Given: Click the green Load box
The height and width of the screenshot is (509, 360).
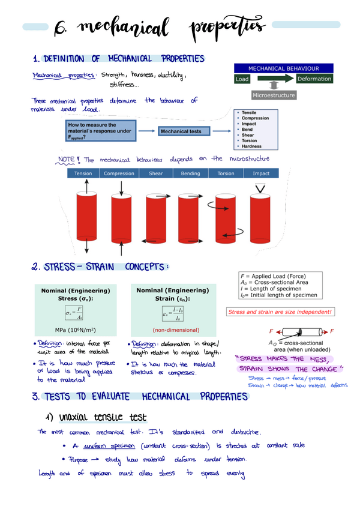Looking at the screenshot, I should pyautogui.click(x=243, y=79).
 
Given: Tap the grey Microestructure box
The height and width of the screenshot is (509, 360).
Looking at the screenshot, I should pyautogui.click(x=274, y=95).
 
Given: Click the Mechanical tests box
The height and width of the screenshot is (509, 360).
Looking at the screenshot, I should pyautogui.click(x=184, y=131).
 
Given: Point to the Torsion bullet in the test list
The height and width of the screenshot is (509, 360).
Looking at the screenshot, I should pyautogui.click(x=249, y=140).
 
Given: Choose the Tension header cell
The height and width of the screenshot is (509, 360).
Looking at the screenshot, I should pyautogui.click(x=83, y=173).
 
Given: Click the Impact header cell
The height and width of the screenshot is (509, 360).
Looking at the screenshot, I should pyautogui.click(x=261, y=173).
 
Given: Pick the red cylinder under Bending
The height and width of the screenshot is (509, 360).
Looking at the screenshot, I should pyautogui.click(x=191, y=217).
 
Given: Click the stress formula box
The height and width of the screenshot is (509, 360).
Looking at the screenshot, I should pyautogui.click(x=74, y=313).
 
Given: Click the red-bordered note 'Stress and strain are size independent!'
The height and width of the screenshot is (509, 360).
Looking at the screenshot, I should pyautogui.click(x=279, y=312).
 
